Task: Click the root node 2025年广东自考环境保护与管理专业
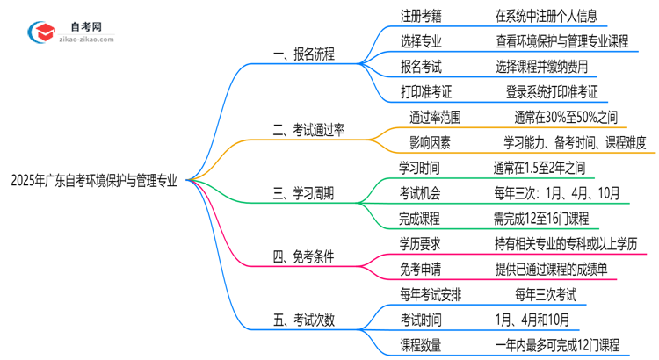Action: point(93,181)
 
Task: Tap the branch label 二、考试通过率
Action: point(308,131)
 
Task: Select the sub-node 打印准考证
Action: point(417,90)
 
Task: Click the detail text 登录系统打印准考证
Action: point(552,90)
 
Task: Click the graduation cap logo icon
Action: point(39,33)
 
